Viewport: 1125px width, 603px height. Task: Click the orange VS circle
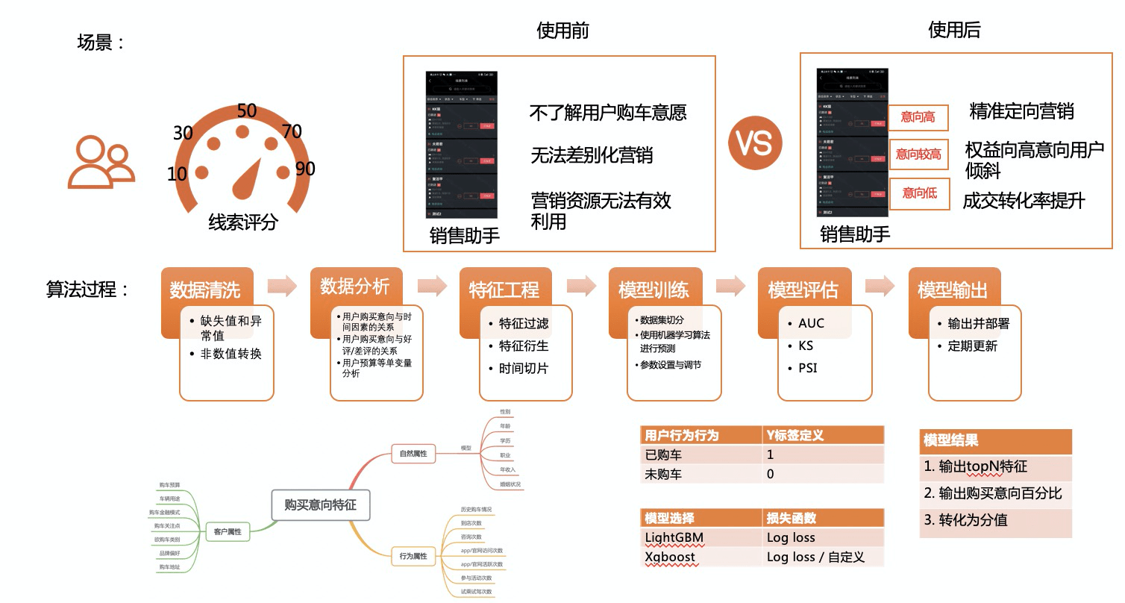pos(756,143)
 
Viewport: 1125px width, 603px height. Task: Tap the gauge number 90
pos(304,169)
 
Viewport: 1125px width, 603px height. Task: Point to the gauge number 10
pos(177,175)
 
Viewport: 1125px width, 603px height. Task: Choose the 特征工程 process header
pos(504,289)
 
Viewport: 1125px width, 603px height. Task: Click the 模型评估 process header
pos(803,289)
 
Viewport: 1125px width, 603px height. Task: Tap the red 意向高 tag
pos(918,117)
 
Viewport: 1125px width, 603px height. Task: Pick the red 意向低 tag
pos(918,193)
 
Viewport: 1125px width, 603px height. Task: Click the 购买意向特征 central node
pos(320,504)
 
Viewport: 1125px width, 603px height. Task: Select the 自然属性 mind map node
pos(413,452)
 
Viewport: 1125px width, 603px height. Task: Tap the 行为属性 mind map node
pos(413,555)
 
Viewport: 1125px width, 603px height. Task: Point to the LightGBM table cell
pos(674,537)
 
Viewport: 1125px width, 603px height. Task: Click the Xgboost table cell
pos(670,557)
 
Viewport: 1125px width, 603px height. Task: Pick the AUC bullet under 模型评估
pos(811,323)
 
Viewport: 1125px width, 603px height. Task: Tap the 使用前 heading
pos(563,30)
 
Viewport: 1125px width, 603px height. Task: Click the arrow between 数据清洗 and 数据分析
pos(282,285)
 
